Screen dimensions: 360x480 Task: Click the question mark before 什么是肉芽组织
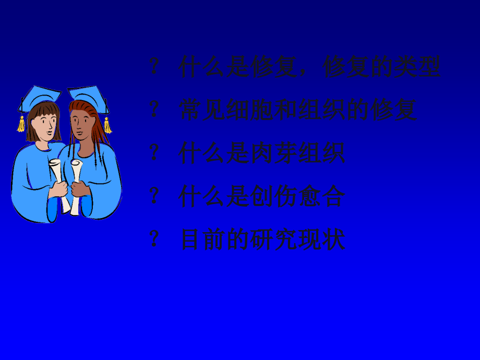click(154, 153)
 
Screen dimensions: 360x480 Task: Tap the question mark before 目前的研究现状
click(154, 239)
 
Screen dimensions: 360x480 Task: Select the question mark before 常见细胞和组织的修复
click(154, 110)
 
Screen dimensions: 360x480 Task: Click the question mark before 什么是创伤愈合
click(154, 196)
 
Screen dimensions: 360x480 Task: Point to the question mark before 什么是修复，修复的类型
click(154, 66)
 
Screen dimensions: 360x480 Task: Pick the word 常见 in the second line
click(202, 110)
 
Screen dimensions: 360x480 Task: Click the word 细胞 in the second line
click(249, 110)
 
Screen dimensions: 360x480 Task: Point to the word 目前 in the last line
click(202, 240)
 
